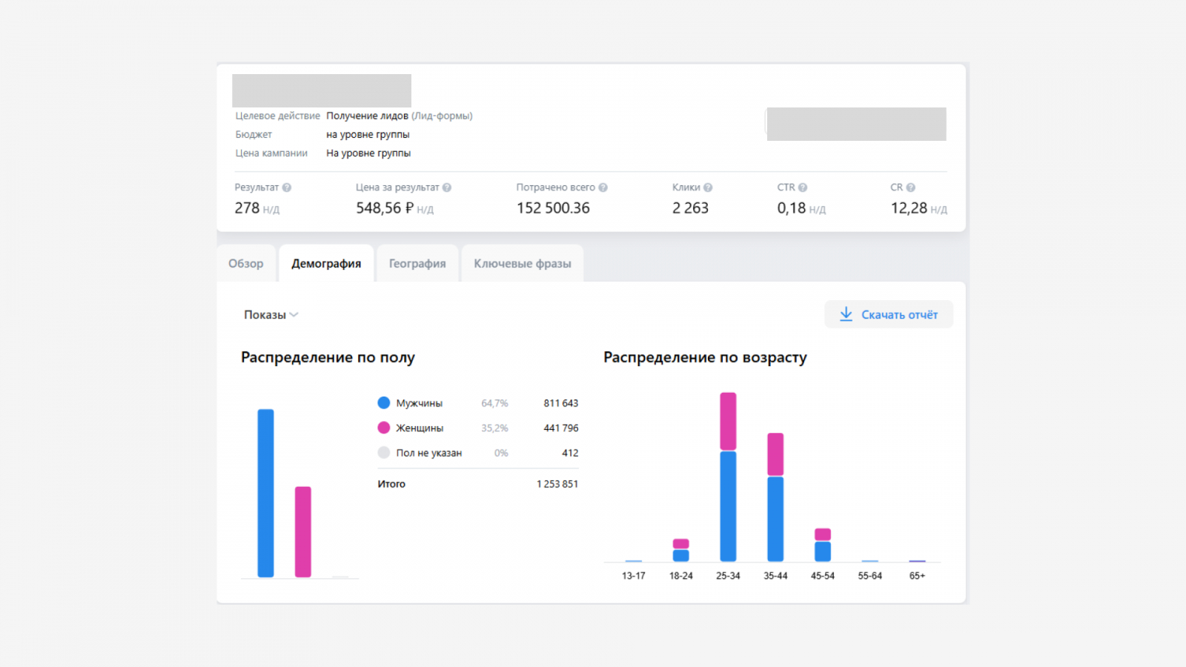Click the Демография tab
click(326, 264)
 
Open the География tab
click(417, 264)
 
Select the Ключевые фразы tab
click(523, 264)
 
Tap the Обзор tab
click(246, 264)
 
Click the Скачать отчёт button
click(889, 315)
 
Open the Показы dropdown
click(271, 315)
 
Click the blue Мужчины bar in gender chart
click(265, 493)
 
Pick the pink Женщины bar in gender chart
click(303, 531)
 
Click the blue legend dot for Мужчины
click(384, 403)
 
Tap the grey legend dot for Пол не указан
click(384, 453)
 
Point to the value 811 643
click(560, 403)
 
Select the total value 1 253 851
click(557, 484)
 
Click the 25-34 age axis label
click(728, 576)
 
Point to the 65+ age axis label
click(917, 576)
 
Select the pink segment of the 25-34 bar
click(728, 421)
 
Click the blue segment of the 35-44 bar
click(775, 519)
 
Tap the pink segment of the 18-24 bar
click(680, 544)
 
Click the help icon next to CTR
click(803, 188)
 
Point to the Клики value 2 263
click(690, 208)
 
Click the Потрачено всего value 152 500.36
click(553, 208)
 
